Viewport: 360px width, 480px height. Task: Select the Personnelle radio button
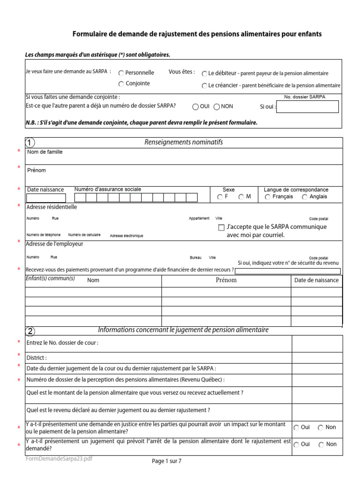[x=121, y=73]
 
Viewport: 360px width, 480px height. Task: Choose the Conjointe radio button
[x=121, y=84]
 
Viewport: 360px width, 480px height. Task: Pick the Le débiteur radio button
[x=204, y=74]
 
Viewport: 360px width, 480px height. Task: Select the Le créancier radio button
[x=204, y=86]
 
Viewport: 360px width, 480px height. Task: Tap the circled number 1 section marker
[x=30, y=142]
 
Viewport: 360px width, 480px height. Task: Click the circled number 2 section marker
[x=30, y=331]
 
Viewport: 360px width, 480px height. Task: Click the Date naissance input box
[x=45, y=198]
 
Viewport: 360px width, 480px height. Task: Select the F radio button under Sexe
[x=220, y=197]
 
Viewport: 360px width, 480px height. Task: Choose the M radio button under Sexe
[x=241, y=197]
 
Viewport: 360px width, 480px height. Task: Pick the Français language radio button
[x=268, y=197]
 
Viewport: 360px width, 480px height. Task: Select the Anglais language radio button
[x=305, y=197]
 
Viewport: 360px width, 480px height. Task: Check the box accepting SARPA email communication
[x=222, y=228]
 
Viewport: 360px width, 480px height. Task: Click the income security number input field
[x=288, y=270]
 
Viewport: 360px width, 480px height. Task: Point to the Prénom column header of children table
[x=226, y=280]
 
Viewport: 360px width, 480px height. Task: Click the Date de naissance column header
[x=316, y=280]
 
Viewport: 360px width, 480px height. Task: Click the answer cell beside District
[x=317, y=358]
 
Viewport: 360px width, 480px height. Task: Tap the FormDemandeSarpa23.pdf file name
[x=59, y=459]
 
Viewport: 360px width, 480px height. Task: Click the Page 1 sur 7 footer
[x=166, y=461]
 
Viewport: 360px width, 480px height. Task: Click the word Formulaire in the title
[x=89, y=34]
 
